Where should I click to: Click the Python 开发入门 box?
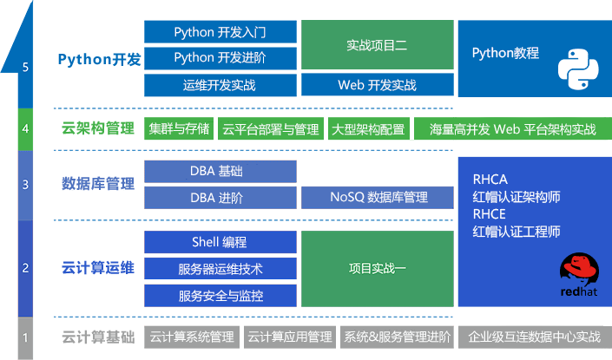click(220, 32)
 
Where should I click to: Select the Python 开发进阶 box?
click(220, 58)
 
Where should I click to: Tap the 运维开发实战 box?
click(220, 85)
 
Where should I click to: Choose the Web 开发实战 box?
click(377, 85)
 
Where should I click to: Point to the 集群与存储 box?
click(178, 129)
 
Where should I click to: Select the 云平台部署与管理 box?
click(270, 129)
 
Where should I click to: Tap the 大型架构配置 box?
click(368, 129)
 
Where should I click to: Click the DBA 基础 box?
click(220, 171)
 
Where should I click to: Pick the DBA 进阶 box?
click(220, 198)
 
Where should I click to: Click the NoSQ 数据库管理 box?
click(377, 198)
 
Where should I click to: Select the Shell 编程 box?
click(220, 242)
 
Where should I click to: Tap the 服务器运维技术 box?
click(220, 269)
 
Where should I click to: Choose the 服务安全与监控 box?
click(220, 296)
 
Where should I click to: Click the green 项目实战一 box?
click(377, 269)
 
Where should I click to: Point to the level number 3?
click(26, 184)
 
